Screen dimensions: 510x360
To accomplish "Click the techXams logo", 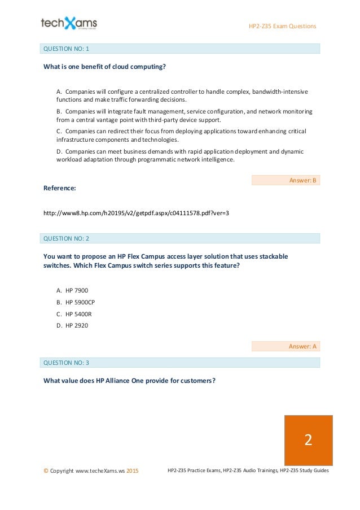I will [x=69, y=24].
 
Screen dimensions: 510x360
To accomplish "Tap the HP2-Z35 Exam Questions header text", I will [x=283, y=27].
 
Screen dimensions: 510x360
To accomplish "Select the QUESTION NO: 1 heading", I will [x=67, y=49].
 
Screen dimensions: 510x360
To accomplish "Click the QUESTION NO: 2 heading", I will [x=67, y=238].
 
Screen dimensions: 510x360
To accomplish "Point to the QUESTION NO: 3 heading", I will [x=67, y=362].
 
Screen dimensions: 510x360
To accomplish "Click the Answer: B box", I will [x=285, y=181].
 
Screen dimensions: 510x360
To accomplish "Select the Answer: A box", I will [x=285, y=346].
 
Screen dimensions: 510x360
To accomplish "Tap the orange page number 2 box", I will [x=308, y=440].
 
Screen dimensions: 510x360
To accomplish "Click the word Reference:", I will [x=59, y=188].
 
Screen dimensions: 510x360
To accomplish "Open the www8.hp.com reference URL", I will [x=136, y=213].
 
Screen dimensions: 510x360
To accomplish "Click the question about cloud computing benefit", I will [x=104, y=67].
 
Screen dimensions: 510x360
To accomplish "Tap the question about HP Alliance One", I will [x=129, y=380].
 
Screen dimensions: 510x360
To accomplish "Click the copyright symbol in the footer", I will [x=45, y=470].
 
